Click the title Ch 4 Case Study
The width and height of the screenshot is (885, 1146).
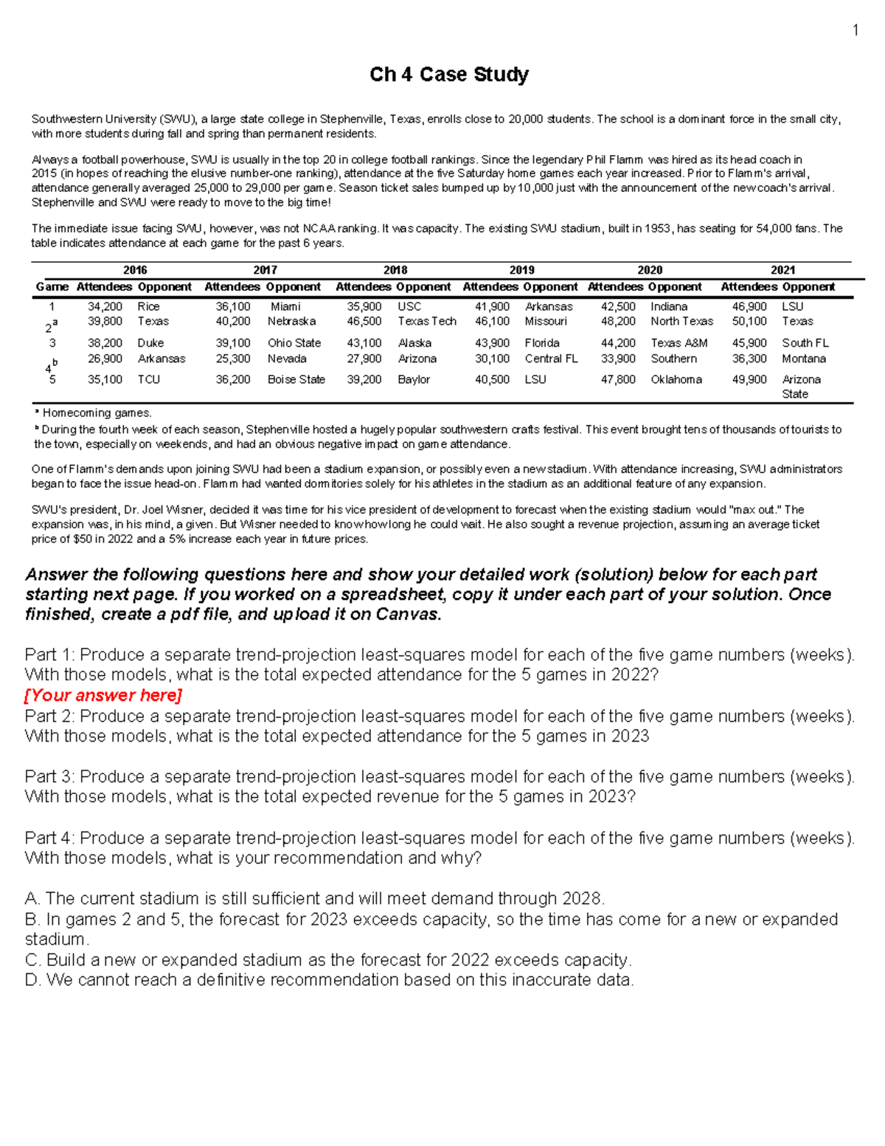click(448, 75)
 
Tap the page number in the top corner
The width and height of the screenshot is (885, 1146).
click(855, 30)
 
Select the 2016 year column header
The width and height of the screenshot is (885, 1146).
click(135, 270)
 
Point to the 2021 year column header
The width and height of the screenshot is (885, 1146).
click(782, 270)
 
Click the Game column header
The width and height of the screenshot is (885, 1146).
click(52, 286)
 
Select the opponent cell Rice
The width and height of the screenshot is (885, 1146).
click(148, 306)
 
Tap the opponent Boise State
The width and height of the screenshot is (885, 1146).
click(296, 379)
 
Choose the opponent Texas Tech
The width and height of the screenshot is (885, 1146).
click(426, 321)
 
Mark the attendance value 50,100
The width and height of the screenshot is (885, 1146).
click(749, 321)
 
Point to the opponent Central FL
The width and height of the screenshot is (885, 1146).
click(551, 359)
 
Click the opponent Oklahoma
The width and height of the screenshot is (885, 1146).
click(676, 379)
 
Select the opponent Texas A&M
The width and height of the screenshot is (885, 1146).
click(678, 343)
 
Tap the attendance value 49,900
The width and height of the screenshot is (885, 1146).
click(749, 379)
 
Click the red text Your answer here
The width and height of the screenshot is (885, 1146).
click(103, 695)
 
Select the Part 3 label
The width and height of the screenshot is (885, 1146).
click(49, 777)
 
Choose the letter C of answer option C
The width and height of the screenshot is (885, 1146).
click(32, 960)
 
